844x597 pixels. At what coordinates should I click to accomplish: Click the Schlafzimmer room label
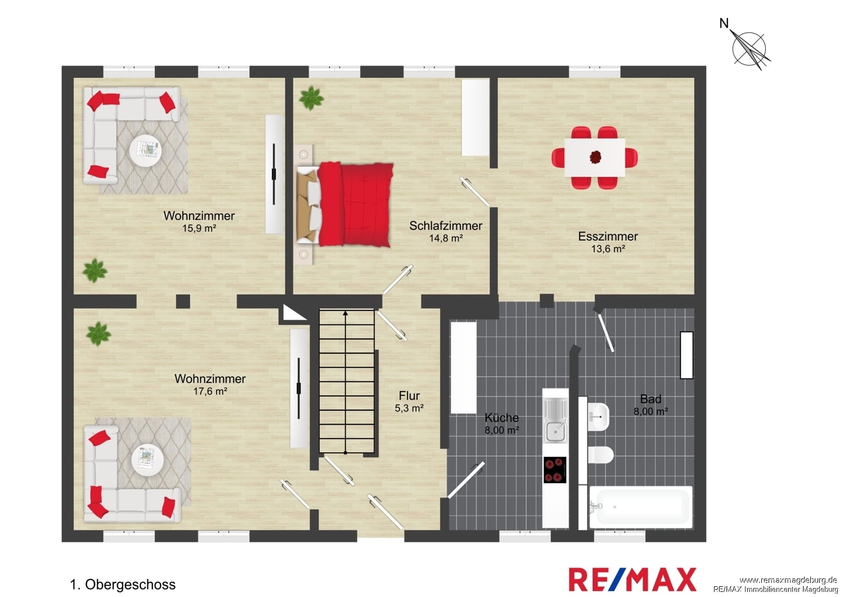tap(446, 225)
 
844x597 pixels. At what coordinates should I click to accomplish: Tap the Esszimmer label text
tap(608, 237)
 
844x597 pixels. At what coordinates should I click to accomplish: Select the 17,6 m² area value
tap(210, 391)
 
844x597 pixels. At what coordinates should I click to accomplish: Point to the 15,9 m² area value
tap(199, 228)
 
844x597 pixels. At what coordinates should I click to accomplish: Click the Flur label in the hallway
tap(409, 395)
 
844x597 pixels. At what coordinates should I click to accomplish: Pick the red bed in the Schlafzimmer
tap(345, 205)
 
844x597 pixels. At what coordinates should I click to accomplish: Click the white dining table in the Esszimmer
tap(595, 157)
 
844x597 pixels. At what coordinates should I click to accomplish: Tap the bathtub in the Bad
tap(640, 507)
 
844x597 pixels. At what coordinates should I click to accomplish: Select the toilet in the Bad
tap(600, 456)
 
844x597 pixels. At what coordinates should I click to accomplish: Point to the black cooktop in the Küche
tap(555, 470)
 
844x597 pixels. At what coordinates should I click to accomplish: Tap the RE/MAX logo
tap(632, 580)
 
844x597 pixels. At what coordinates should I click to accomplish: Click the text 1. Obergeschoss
tap(123, 585)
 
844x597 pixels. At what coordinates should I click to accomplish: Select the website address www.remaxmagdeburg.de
tap(788, 580)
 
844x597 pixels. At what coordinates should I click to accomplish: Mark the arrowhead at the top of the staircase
tap(345, 313)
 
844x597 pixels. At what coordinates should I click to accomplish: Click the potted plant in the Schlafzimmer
tap(311, 98)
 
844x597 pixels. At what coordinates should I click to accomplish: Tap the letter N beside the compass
tap(724, 24)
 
